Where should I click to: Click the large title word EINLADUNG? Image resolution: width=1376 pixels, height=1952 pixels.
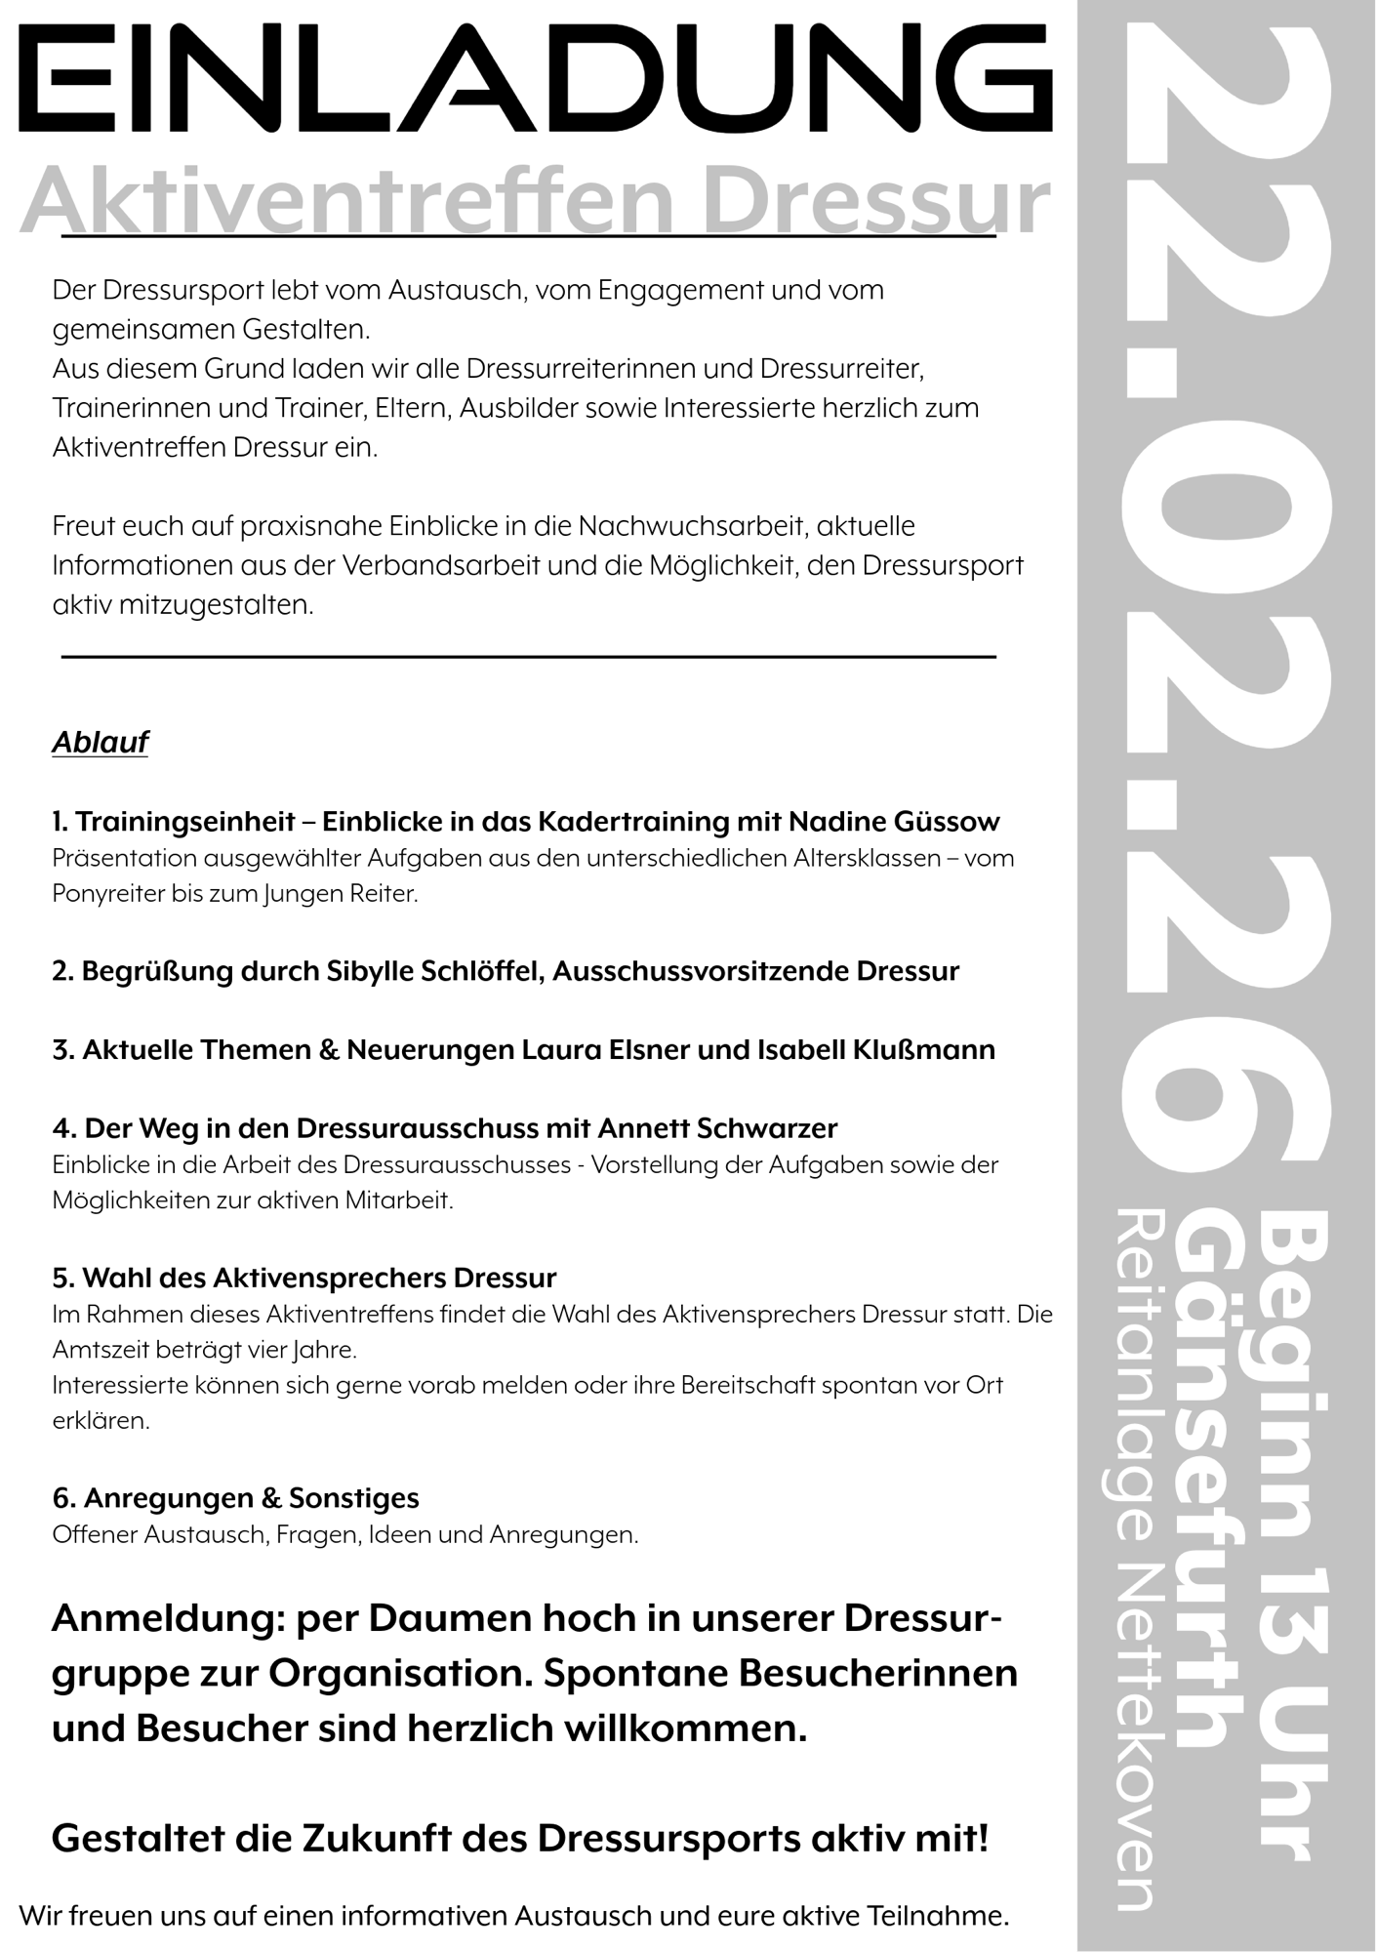(535, 80)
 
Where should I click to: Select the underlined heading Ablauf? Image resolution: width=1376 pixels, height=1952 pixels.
(100, 743)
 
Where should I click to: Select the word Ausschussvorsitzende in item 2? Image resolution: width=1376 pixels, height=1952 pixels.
(703, 972)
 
